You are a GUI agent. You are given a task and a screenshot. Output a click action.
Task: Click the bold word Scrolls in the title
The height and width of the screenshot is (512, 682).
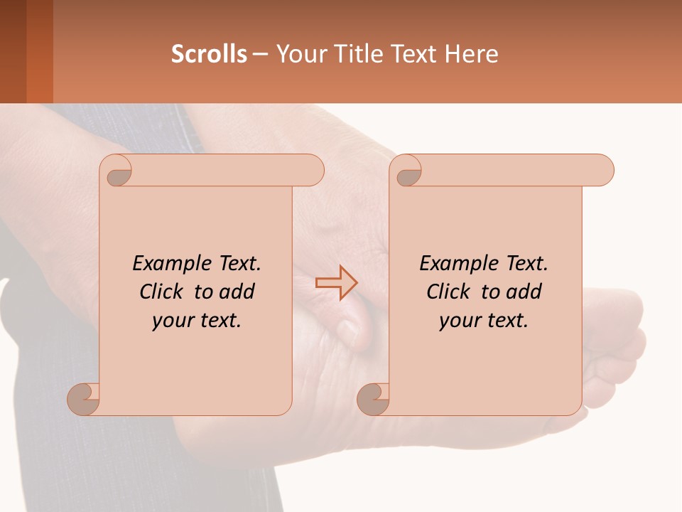tap(209, 54)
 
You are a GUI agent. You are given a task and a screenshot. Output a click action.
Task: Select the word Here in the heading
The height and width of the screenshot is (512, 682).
tap(471, 54)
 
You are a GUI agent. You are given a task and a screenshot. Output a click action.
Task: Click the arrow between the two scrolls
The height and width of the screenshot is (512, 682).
tap(337, 283)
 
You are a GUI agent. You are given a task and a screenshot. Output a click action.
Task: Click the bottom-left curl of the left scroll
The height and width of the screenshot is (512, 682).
tap(84, 398)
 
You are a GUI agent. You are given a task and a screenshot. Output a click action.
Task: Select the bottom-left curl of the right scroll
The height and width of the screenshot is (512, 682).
tap(373, 398)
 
